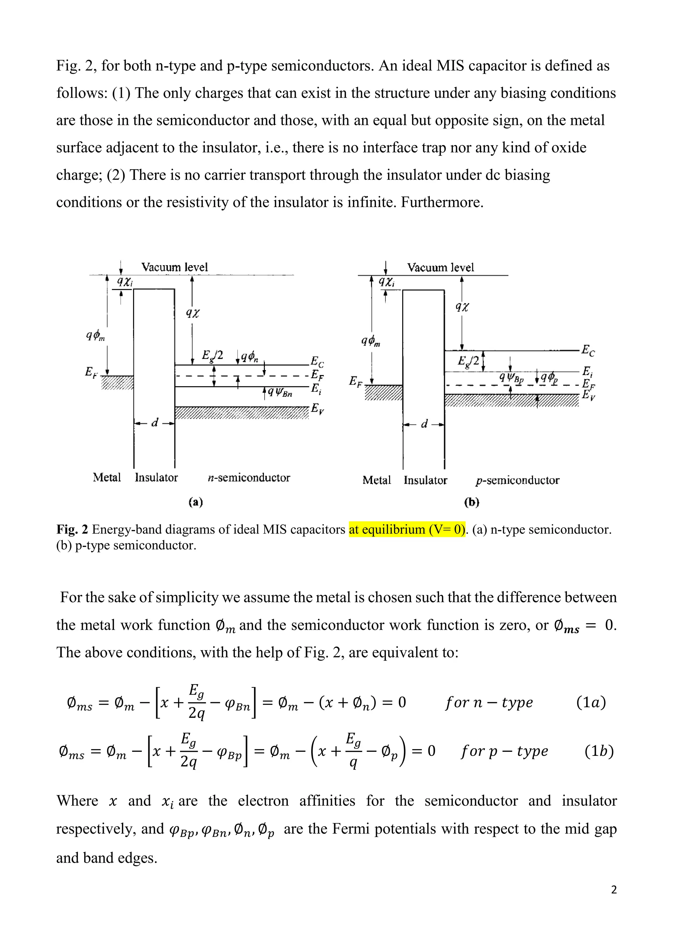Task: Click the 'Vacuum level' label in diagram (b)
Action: [441, 268]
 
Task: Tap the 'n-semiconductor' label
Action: [249, 478]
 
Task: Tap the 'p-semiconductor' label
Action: [518, 480]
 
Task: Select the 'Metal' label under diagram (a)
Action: [107, 478]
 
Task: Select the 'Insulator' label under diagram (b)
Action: [426, 480]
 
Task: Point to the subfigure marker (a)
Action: [196, 502]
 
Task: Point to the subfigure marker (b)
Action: [472, 502]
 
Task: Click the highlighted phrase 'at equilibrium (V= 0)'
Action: [407, 530]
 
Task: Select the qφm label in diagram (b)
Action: [371, 341]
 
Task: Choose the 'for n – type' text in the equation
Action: [489, 702]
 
